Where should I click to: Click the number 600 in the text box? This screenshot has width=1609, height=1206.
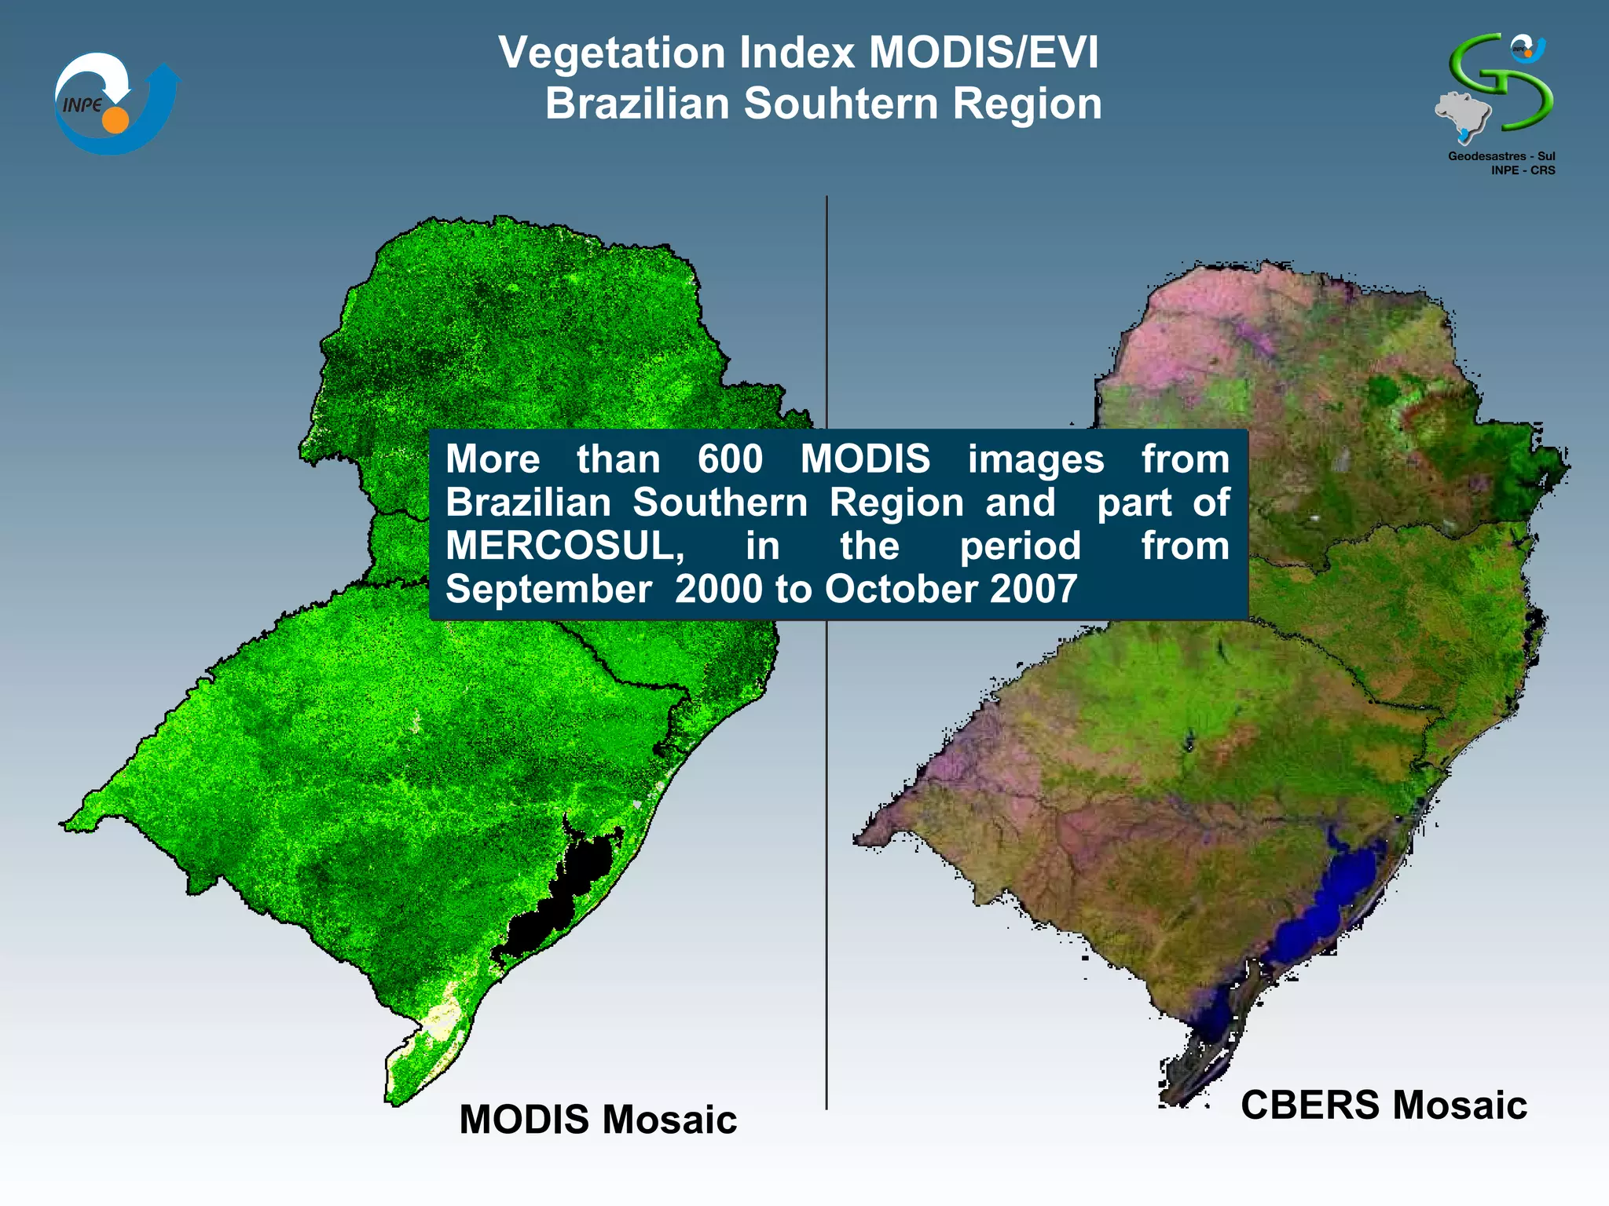730,459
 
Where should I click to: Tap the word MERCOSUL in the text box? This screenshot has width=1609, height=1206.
564,546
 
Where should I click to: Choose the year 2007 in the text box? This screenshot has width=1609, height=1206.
1033,589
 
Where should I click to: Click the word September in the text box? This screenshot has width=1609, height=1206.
548,589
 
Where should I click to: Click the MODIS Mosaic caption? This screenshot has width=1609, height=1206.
598,1120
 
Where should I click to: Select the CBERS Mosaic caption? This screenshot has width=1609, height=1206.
1384,1105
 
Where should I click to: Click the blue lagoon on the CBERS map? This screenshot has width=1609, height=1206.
1328,903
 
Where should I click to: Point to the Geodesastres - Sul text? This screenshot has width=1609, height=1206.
1501,156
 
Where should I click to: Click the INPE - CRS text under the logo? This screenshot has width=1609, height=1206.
1523,170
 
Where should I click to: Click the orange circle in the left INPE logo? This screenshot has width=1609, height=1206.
115,120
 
